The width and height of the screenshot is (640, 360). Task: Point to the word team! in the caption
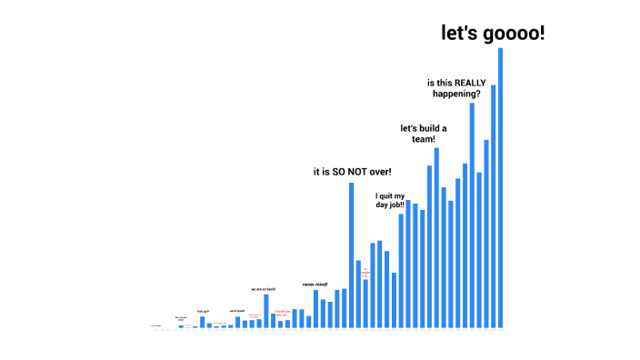point(423,139)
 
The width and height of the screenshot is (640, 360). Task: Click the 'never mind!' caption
point(315,285)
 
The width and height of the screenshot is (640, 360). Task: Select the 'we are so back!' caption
point(264,289)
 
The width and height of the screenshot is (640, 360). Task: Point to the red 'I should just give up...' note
point(282,314)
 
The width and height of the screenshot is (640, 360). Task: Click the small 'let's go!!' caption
point(203,311)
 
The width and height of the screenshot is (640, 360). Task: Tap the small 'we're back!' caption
point(236,311)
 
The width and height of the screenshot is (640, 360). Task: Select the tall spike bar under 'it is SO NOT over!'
point(351,255)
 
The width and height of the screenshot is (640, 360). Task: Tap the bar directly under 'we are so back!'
point(266,310)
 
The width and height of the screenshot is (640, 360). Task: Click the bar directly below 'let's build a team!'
point(436,236)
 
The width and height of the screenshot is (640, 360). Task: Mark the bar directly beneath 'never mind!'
point(315,308)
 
